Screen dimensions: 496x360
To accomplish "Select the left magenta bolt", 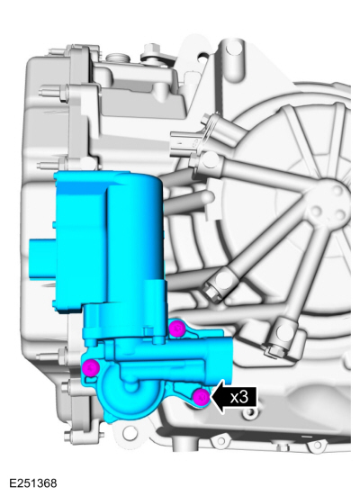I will coord(90,367).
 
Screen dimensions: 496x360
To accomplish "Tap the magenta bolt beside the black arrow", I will coord(202,396).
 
